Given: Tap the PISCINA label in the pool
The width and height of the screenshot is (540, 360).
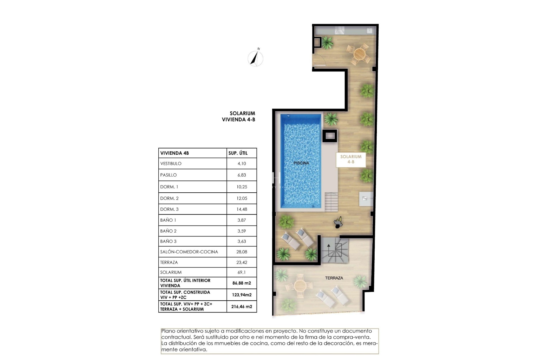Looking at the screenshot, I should tap(301, 163).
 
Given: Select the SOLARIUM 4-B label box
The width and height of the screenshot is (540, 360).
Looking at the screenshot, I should tap(351, 159).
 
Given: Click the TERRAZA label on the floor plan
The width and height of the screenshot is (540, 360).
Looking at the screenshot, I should tap(334, 278).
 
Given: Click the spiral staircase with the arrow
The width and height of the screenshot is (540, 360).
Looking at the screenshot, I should tap(335, 250).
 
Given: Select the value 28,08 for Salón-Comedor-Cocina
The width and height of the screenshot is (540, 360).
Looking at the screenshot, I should tap(242, 252).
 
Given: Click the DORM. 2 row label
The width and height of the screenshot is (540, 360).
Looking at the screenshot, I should tap(169, 198).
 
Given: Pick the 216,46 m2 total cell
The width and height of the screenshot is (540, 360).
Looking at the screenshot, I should tap(242, 307).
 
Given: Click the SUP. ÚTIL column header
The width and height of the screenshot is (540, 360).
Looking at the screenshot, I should tap(238, 153).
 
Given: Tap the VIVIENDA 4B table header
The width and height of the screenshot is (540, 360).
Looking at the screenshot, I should tap(174, 153).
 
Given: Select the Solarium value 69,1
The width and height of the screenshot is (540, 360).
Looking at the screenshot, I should tap(242, 272).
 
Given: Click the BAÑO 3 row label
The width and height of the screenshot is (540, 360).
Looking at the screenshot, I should tap(168, 241).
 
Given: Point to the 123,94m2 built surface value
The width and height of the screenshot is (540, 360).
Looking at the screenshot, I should tap(242, 295).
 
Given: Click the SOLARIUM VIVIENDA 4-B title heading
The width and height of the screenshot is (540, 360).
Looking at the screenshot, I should tap(238, 116).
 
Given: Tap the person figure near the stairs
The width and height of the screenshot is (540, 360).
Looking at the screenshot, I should tap(338, 223).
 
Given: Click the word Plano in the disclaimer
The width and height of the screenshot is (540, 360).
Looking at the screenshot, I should tap(168, 331).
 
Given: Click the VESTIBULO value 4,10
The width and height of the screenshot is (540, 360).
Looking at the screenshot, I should tap(242, 163).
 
